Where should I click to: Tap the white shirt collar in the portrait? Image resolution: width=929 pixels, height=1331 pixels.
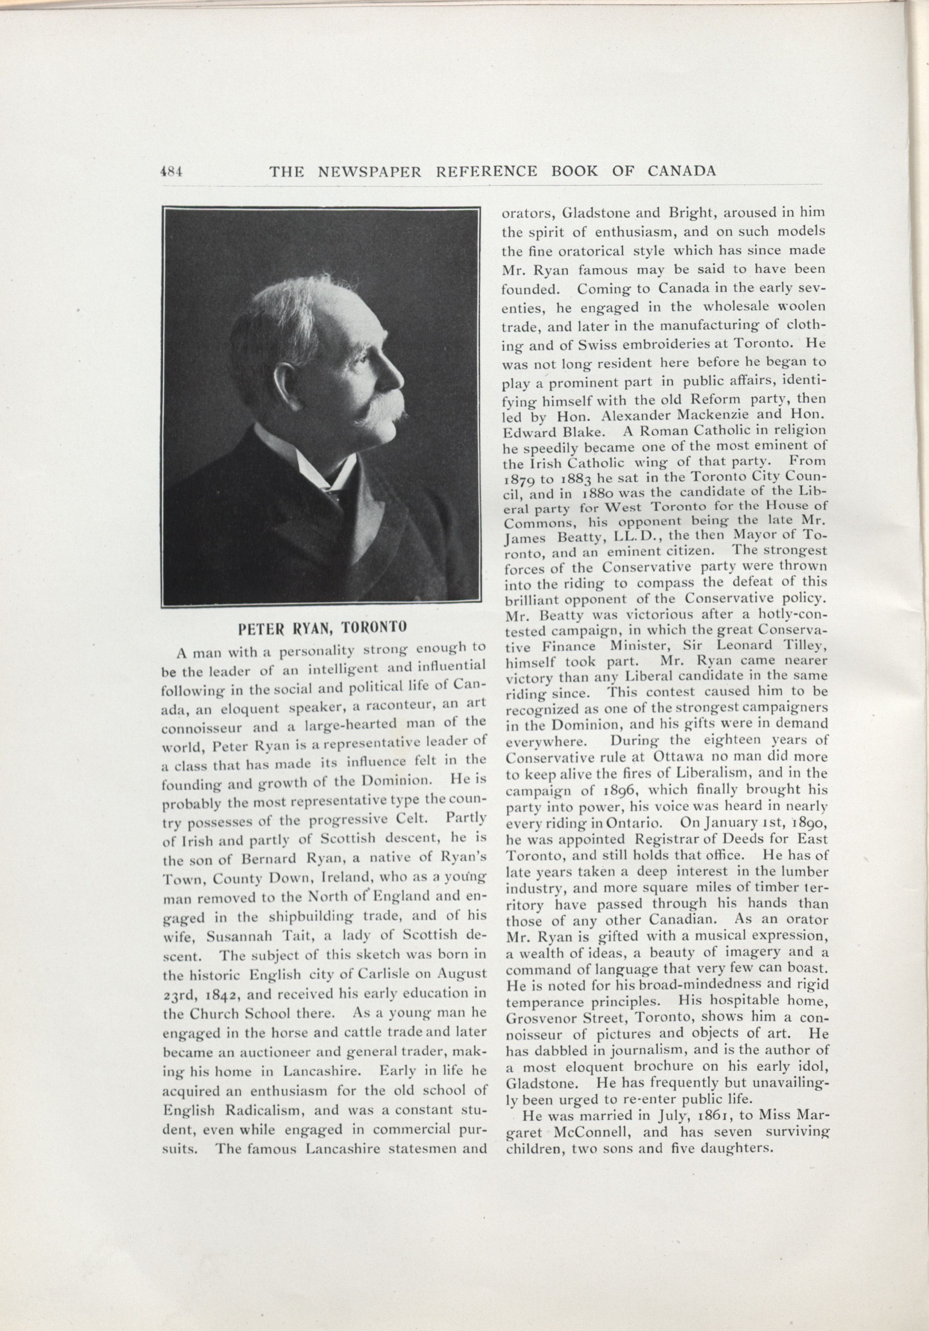[325, 464]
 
